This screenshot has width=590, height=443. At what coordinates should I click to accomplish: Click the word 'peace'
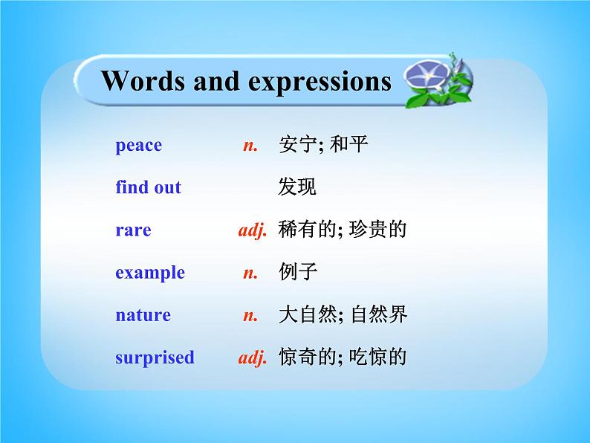[138, 145]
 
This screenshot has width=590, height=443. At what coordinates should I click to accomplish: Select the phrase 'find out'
[148, 187]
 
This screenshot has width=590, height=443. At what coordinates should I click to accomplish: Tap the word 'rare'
[133, 230]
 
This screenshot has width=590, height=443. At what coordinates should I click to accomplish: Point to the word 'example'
[150, 273]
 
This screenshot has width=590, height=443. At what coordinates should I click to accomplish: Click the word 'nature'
[143, 315]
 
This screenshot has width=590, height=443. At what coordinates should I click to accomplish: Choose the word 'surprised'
[155, 358]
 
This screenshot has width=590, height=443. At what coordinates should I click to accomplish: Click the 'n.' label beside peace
[250, 145]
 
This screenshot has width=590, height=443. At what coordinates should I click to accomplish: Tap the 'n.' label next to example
[250, 273]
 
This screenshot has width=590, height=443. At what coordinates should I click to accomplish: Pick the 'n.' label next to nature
[250, 315]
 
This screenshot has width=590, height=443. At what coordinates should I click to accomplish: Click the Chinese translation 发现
[297, 187]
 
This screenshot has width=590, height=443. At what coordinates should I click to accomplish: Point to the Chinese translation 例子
[297, 273]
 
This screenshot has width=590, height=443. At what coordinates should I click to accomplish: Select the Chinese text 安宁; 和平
[323, 145]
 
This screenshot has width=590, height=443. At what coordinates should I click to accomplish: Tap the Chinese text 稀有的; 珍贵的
[343, 230]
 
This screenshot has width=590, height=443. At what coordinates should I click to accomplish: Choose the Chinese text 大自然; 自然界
[343, 315]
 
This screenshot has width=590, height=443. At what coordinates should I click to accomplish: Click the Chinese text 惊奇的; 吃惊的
[343, 358]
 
